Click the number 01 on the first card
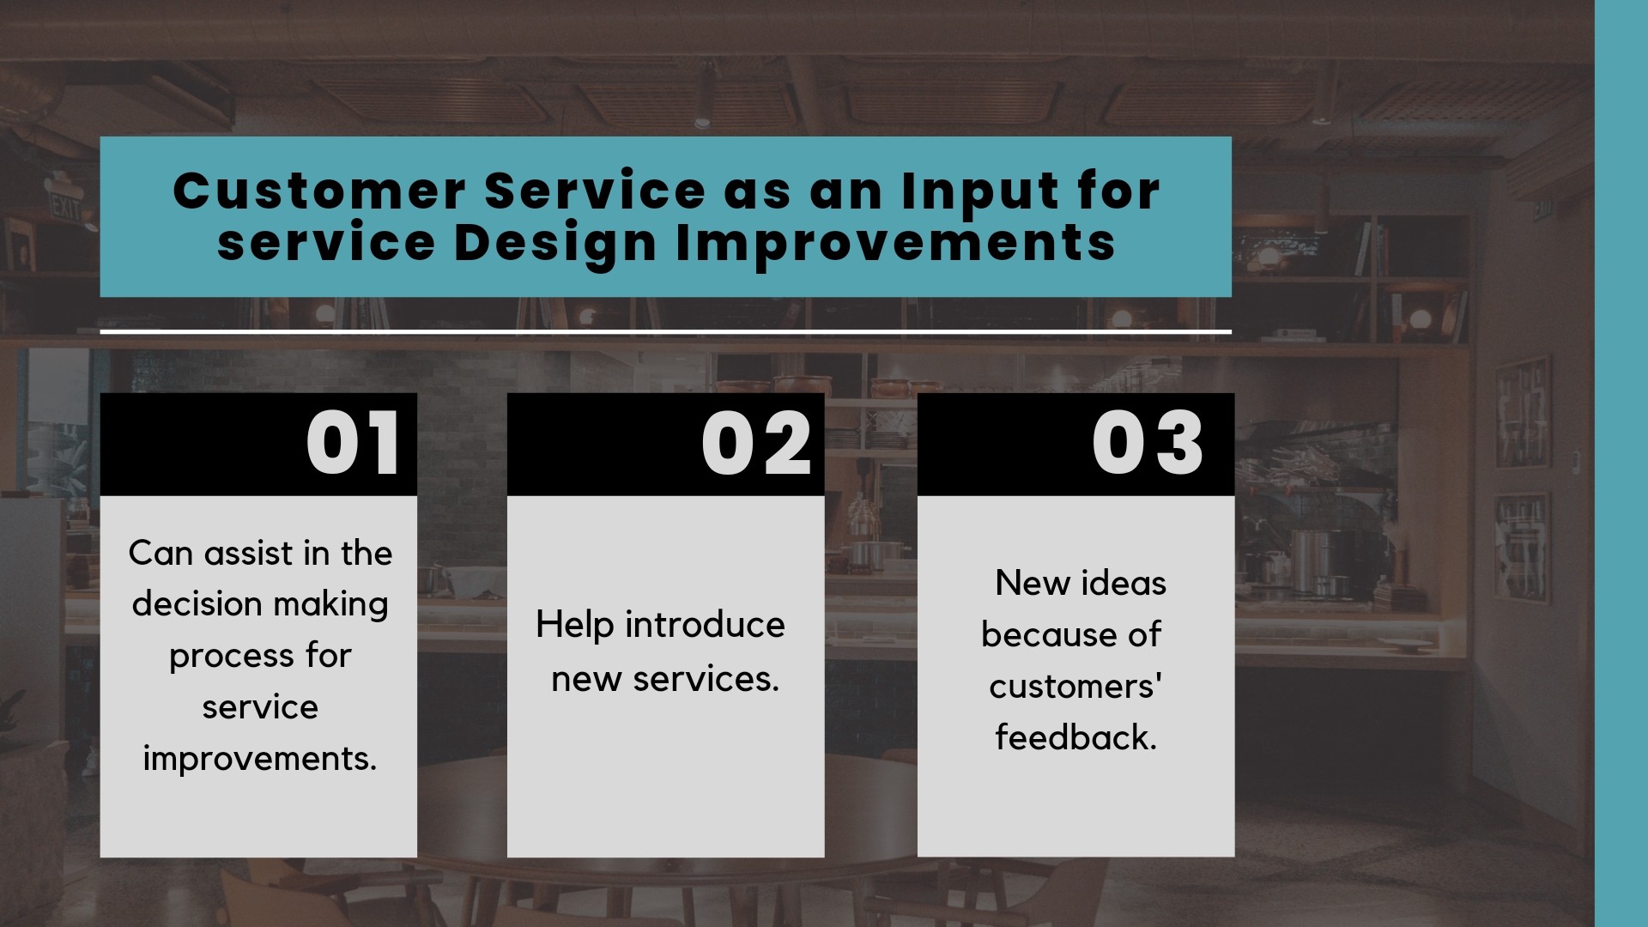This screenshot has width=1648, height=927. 353,443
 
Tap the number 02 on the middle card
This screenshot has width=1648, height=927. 756,443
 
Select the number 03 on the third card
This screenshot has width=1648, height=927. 1148,443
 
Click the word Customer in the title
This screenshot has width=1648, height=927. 319,191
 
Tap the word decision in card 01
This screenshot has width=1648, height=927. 197,604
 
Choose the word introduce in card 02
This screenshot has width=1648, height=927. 705,625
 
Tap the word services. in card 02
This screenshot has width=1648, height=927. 706,680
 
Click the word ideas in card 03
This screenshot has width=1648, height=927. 1123,584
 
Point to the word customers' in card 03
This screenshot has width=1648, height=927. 1076,687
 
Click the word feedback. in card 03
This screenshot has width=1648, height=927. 1076,737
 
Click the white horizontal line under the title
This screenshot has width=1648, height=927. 665,331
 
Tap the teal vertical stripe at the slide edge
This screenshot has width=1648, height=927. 1621,463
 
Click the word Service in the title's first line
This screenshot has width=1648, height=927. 595,191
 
